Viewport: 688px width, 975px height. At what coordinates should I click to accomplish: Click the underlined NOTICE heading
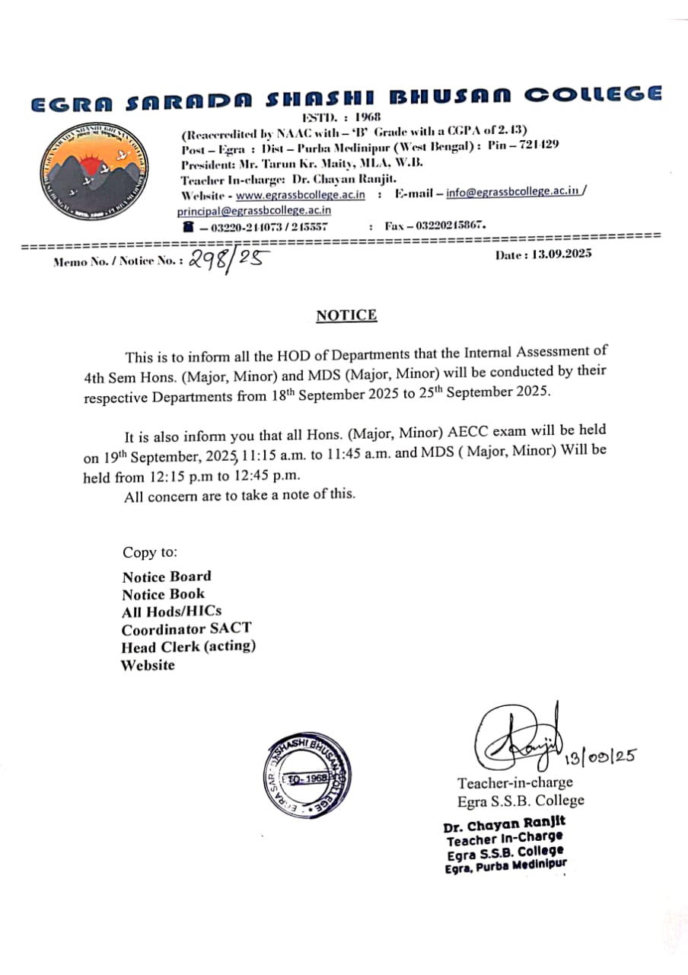coord(346,315)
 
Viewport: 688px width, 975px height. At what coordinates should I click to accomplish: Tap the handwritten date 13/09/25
coord(600,757)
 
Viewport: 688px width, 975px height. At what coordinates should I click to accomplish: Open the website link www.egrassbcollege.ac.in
coord(301,195)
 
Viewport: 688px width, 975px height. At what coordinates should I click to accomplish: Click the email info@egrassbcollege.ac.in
coord(513,193)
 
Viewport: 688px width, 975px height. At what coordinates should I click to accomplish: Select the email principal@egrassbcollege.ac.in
coord(254,210)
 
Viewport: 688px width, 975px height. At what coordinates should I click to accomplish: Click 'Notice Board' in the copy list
coord(167,577)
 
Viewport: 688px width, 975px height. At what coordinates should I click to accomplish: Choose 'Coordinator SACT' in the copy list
coord(186,629)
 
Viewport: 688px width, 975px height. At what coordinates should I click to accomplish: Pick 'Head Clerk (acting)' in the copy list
coord(188,647)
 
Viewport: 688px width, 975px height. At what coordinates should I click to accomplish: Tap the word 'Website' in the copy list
coord(148,665)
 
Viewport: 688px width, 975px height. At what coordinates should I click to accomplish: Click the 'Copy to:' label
coord(149,552)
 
